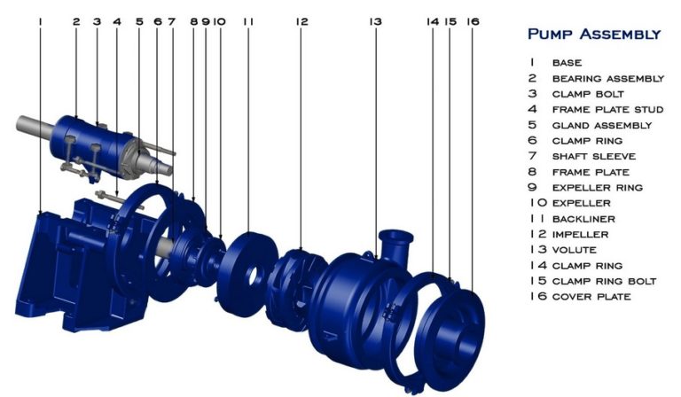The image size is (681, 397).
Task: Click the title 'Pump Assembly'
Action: coord(593,35)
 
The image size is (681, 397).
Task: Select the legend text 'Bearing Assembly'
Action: coord(607,78)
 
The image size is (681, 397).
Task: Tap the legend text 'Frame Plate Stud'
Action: coord(607,109)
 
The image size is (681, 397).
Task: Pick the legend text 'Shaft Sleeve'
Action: coord(593,156)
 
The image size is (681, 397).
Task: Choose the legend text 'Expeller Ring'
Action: coord(597,187)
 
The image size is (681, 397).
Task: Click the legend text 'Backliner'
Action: coord(583,218)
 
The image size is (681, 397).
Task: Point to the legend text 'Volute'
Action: coord(574,249)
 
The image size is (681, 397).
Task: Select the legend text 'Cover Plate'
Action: coord(591,296)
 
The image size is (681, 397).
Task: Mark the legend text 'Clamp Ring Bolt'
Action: coord(604,281)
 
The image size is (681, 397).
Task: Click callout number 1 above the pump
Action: coord(41,19)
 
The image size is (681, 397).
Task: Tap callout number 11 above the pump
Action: coord(247,19)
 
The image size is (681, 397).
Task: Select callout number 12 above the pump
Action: coord(301,19)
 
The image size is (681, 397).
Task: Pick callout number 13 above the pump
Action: coord(375,19)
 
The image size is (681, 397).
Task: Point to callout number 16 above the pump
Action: coord(472,19)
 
